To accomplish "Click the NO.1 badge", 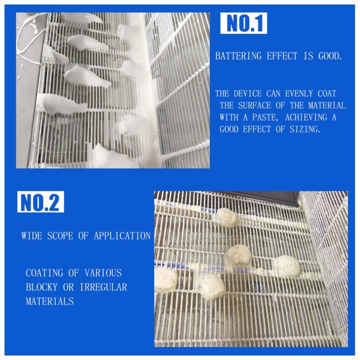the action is [243, 23].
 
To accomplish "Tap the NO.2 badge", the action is [40, 202].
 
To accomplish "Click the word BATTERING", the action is [238, 56].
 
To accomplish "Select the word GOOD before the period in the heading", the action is [330, 56].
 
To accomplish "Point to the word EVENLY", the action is [299, 94].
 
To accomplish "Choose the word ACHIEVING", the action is [306, 117].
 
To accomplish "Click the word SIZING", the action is [305, 130].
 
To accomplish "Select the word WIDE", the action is [31, 236].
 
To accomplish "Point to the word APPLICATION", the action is [122, 236].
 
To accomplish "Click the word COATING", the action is [44, 273].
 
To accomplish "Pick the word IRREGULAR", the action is [103, 287].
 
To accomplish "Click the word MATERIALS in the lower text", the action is [49, 301].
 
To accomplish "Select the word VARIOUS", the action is [103, 273].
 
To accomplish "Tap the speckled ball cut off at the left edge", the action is [165, 280].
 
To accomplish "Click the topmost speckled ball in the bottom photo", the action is [227, 216].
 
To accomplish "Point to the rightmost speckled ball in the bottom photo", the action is [287, 266].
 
